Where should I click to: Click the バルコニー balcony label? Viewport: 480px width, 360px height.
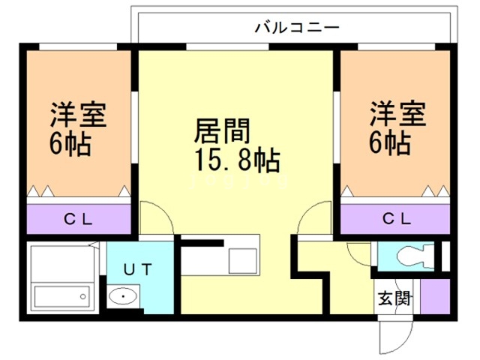[x=297, y=28]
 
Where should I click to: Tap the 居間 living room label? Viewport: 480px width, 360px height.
[x=222, y=132]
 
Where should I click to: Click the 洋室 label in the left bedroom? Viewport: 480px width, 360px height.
[x=79, y=115]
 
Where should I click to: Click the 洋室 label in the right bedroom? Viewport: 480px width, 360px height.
[x=397, y=115]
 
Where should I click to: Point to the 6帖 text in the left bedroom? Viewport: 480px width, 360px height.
[x=71, y=142]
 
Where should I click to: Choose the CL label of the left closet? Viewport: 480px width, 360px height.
[x=78, y=219]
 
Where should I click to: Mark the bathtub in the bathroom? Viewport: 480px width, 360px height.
[x=63, y=295]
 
